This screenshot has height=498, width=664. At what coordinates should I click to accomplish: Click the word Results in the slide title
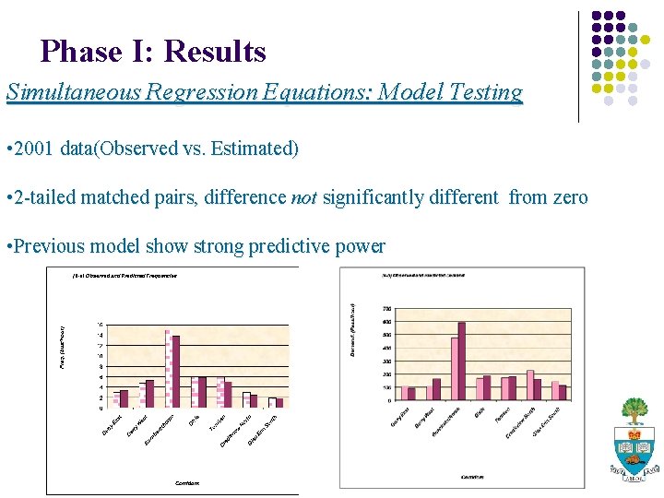215,51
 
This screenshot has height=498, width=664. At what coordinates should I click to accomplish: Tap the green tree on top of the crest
634,409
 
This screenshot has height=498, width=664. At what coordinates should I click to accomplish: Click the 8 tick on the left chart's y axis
101,366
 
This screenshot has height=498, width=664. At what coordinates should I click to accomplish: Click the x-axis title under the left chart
187,482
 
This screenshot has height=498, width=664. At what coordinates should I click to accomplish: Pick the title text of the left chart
125,276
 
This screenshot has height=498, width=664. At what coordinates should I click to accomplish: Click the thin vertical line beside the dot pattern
578,66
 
